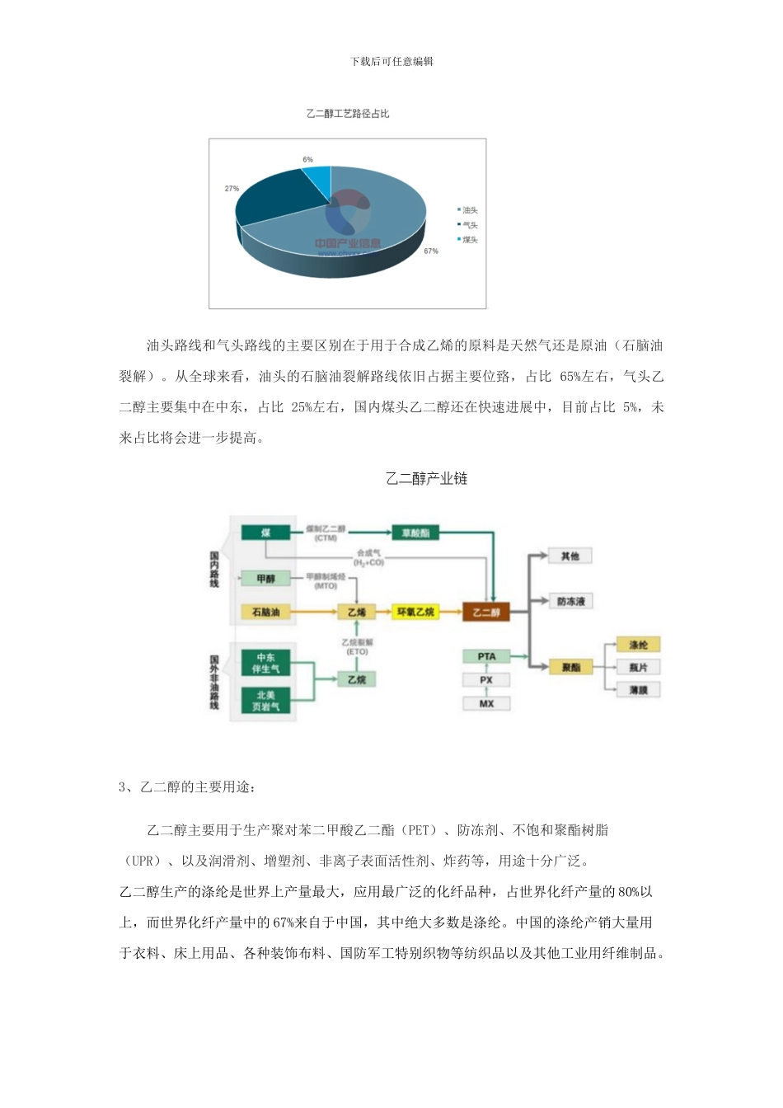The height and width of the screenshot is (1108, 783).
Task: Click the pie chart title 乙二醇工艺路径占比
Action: pyautogui.click(x=347, y=114)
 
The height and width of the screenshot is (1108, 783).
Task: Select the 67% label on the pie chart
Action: pyautogui.click(x=430, y=251)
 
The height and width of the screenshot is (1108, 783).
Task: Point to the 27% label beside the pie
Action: pyautogui.click(x=232, y=189)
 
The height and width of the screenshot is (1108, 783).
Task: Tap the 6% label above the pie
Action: pyautogui.click(x=307, y=159)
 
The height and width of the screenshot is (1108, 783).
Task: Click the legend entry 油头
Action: pyautogui.click(x=469, y=210)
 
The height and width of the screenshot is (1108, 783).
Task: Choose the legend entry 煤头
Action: pyautogui.click(x=469, y=240)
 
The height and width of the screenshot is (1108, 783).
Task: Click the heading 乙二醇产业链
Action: pyautogui.click(x=426, y=478)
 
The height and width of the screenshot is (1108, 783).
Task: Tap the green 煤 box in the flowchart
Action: pyautogui.click(x=265, y=533)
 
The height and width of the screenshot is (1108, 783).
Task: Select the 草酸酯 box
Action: pyautogui.click(x=415, y=533)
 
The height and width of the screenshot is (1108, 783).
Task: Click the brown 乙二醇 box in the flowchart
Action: pyautogui.click(x=486, y=613)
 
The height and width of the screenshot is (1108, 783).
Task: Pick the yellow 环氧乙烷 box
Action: pyautogui.click(x=415, y=613)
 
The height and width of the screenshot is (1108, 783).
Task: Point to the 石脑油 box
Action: pyautogui.click(x=265, y=613)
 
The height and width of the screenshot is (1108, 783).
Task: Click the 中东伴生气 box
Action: pyautogui.click(x=265, y=663)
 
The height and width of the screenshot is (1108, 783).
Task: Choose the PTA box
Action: pyautogui.click(x=486, y=657)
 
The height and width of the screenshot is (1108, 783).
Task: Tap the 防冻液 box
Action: pyautogui.click(x=570, y=602)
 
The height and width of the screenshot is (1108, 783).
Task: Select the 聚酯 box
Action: pyautogui.click(x=570, y=667)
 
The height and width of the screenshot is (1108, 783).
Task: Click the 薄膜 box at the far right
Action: pyautogui.click(x=638, y=689)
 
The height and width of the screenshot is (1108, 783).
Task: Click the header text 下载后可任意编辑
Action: pyautogui.click(x=391, y=61)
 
